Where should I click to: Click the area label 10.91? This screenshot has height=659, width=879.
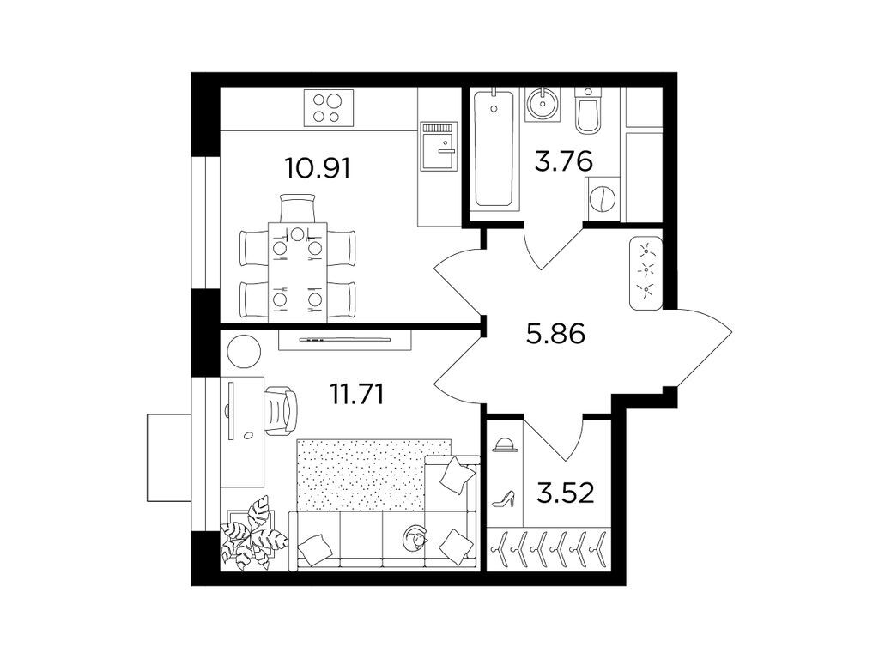[x=318, y=166]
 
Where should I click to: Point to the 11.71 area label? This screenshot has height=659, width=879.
[x=356, y=394]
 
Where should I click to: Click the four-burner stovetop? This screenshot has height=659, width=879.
[x=325, y=109]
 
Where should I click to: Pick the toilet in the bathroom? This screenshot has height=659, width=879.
[x=589, y=112]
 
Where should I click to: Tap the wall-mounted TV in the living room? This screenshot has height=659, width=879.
[x=345, y=339]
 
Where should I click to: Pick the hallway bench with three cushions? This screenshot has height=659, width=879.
[x=645, y=273]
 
